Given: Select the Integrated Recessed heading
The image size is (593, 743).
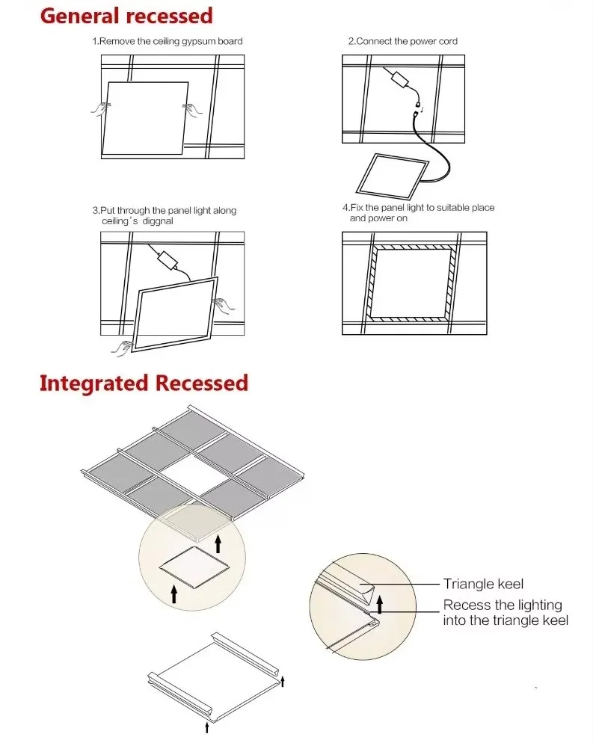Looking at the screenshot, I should coord(144,383).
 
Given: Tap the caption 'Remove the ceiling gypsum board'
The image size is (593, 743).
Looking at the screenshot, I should coord(170,41).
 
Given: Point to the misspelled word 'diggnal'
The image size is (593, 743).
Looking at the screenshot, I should coord(156,221).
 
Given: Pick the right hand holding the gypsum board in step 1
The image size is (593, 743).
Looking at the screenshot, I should coord(192,110).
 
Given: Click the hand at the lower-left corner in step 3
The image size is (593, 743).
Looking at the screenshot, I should coord(122,345).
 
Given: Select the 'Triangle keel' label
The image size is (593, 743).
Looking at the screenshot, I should coord(483,584).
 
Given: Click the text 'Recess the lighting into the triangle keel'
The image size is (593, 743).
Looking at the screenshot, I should coord(505,612).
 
